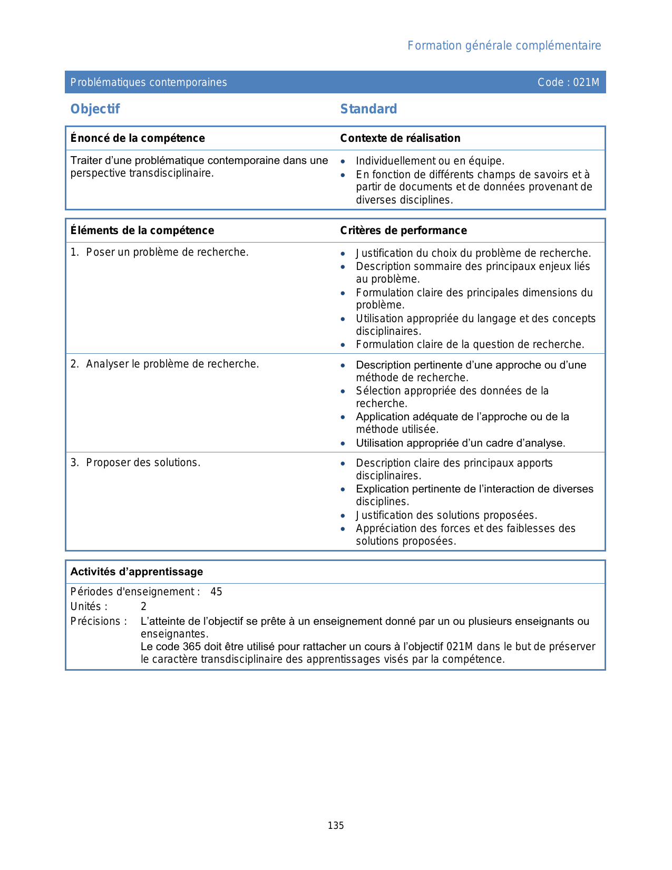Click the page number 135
pyautogui.click(x=336, y=826)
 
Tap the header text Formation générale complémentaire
pyautogui.click(x=504, y=46)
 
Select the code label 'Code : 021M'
pyautogui.click(x=568, y=82)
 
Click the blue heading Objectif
pyautogui.click(x=95, y=109)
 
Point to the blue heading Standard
pyautogui.click(x=368, y=109)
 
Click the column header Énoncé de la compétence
pyautogui.click(x=138, y=138)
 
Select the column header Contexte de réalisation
pyautogui.click(x=400, y=138)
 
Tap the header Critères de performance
pyautogui.click(x=403, y=230)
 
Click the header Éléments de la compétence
pyautogui.click(x=142, y=230)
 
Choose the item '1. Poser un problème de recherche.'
pyautogui.click(x=160, y=253)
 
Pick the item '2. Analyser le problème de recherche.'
pyautogui.click(x=165, y=364)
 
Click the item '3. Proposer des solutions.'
pyautogui.click(x=135, y=462)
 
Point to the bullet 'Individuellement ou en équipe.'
pyautogui.click(x=430, y=161)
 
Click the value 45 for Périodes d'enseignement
pyautogui.click(x=216, y=592)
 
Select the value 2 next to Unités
pyautogui.click(x=143, y=606)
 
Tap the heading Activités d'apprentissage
pyautogui.click(x=137, y=572)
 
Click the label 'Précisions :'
pyautogui.click(x=99, y=621)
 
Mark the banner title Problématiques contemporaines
pyautogui.click(x=149, y=82)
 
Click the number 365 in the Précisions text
pyautogui.click(x=192, y=646)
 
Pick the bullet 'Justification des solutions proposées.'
pyautogui.click(x=446, y=515)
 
